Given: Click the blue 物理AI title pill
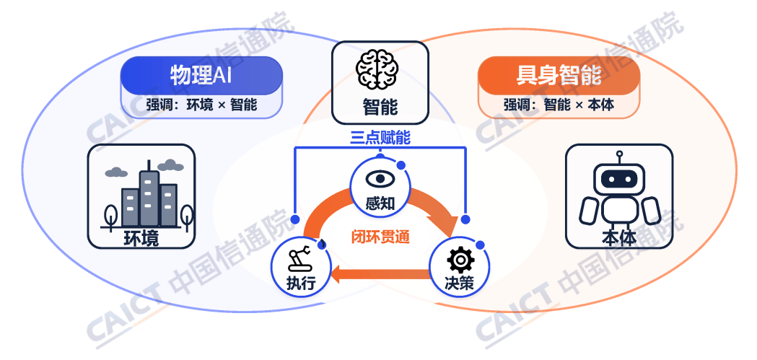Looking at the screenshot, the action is coord(201,75).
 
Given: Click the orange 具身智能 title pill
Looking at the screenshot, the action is coord(559,75).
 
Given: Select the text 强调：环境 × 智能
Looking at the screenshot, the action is coord(202,105).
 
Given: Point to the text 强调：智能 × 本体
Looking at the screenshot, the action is coord(559,105).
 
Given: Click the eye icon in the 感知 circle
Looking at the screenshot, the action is coord(380,179).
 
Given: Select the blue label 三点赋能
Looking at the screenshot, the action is coord(380,139).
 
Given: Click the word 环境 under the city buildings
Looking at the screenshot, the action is coord(141,238).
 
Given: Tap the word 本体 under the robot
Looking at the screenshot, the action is coord(619,238).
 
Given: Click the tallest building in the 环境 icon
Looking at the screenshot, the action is coord(149,193).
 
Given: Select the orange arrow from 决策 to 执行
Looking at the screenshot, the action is coord(381,275).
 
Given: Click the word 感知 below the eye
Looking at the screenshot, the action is coord(380,204).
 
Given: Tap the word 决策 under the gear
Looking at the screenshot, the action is coord(459,283).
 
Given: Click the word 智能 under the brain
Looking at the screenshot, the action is coord(380,107).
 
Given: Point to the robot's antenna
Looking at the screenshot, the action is coord(619,158).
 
